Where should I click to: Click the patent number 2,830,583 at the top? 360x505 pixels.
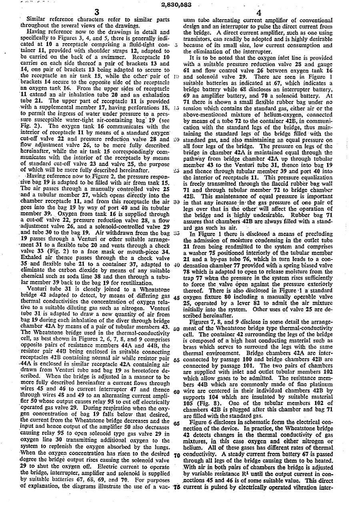pos(176,5)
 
